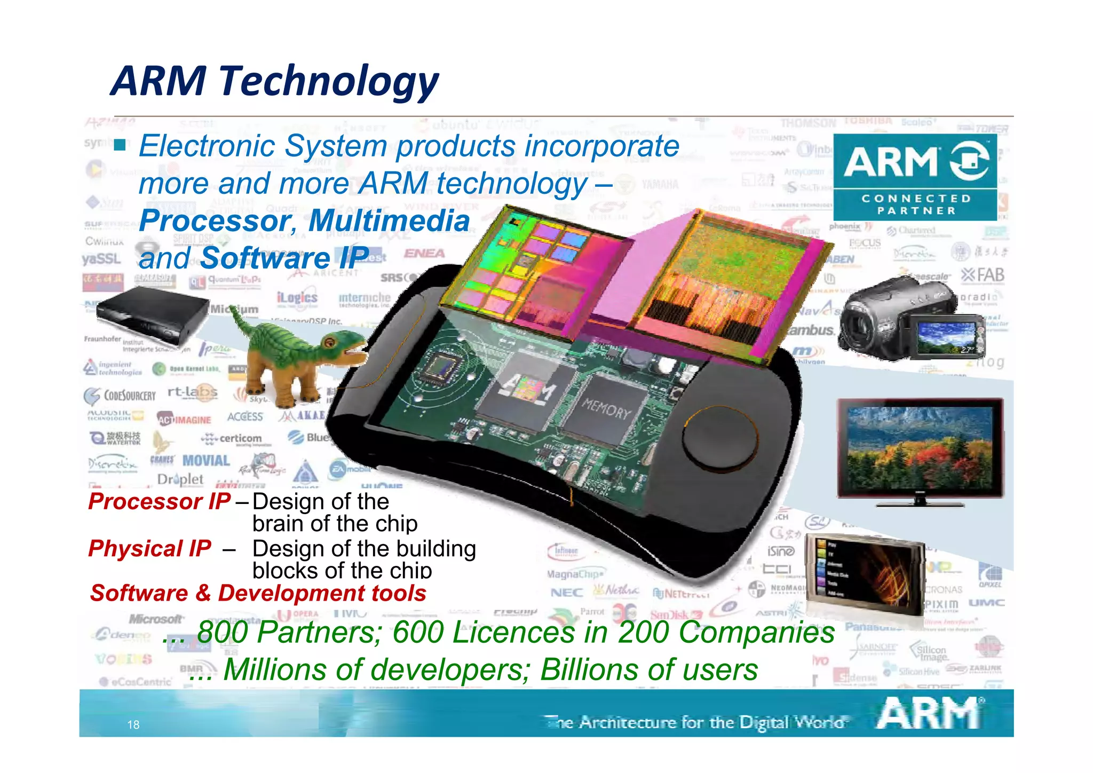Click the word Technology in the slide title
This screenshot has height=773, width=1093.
[x=328, y=81]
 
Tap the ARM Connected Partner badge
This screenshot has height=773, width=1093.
[x=915, y=177]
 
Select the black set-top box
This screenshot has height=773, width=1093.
[x=153, y=315]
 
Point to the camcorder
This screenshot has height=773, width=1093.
[x=907, y=318]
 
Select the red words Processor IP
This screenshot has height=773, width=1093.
[x=159, y=501]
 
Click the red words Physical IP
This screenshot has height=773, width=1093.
[x=149, y=549]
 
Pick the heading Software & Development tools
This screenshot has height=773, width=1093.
[x=258, y=593]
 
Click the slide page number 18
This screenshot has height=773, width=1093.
[x=133, y=724]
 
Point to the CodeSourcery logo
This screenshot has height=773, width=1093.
[x=121, y=396]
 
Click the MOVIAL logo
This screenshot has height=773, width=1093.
[x=206, y=461]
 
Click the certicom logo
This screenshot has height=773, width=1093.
[x=233, y=439]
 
